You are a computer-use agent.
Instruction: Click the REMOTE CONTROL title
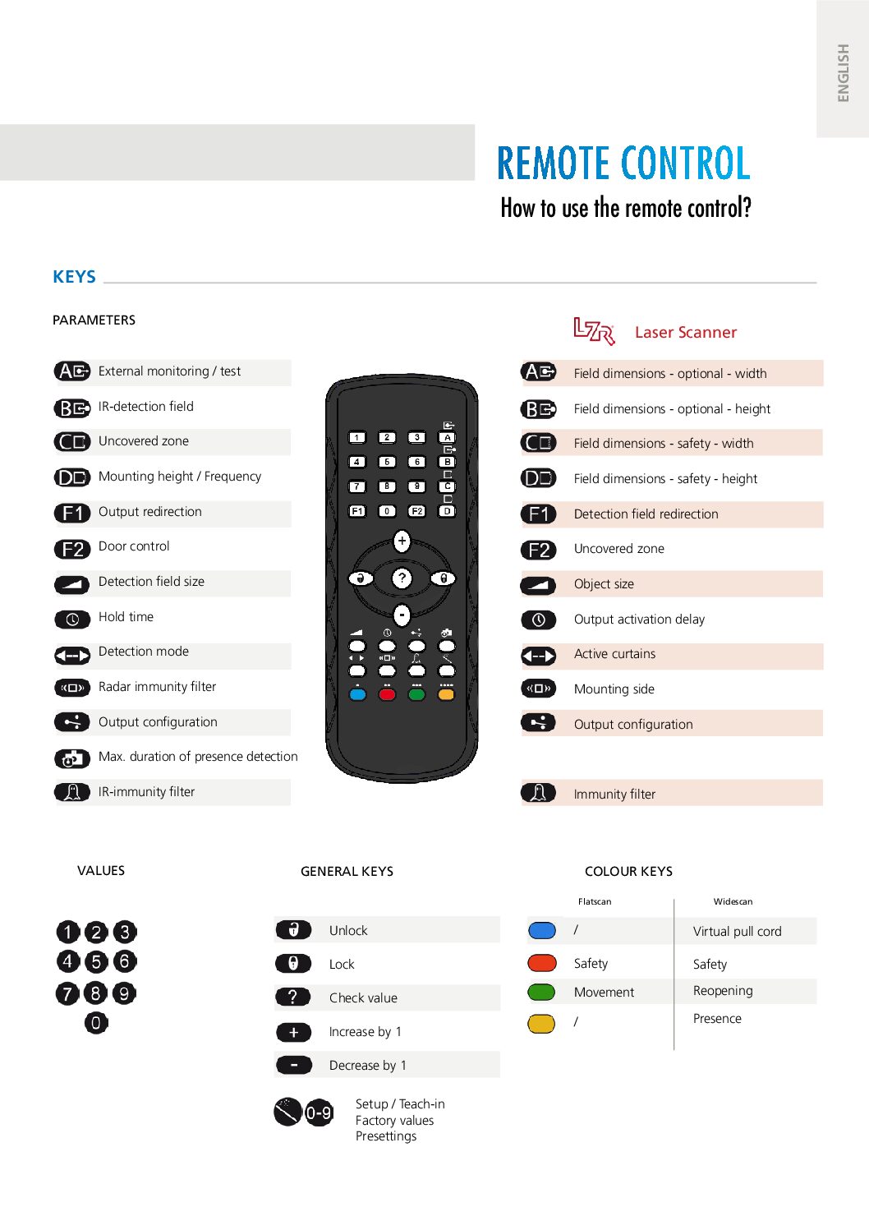tap(623, 163)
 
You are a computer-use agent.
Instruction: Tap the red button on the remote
tap(387, 694)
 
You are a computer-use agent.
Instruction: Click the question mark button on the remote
tap(402, 578)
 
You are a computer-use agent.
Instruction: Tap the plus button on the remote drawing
tap(402, 541)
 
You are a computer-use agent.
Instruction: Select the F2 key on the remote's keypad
tap(417, 511)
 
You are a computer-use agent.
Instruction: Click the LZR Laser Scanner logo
tap(594, 331)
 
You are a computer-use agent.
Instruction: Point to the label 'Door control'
tap(134, 546)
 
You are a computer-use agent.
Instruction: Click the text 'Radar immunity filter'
tap(157, 687)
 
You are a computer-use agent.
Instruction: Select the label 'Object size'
tap(604, 584)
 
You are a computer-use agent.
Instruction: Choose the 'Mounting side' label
tap(614, 689)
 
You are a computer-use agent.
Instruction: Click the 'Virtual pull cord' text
tap(737, 932)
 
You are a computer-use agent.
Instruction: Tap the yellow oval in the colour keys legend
tap(541, 1024)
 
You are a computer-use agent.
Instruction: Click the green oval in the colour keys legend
tap(541, 993)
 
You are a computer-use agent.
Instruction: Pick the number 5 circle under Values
tap(96, 961)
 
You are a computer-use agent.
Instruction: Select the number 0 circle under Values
tap(96, 1023)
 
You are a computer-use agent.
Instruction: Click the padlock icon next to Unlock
tap(293, 930)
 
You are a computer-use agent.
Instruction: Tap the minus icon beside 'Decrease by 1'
tap(293, 1066)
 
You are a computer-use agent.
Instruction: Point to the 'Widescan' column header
tap(733, 901)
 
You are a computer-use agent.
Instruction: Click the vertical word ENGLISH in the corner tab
tap(843, 72)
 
